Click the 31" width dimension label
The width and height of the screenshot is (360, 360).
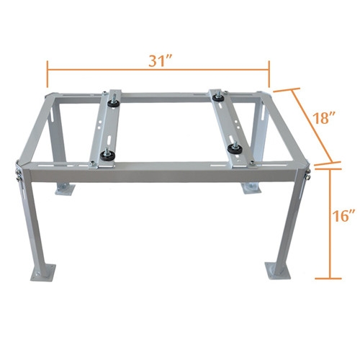coord(161,60)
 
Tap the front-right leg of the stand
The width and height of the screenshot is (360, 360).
coord(292,220)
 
